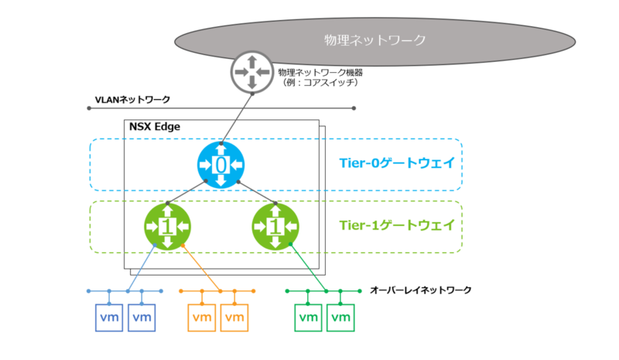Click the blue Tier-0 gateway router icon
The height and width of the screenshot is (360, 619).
pos(221,164)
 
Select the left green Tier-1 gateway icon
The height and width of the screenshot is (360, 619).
pos(167,226)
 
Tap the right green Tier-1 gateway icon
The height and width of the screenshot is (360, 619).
pos(275,226)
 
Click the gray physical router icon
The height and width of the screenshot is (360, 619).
pos(252,72)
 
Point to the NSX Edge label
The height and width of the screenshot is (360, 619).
pos(155,126)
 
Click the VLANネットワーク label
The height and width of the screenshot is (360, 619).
pos(132,100)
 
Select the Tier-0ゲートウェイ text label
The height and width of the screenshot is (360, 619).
pos(397,163)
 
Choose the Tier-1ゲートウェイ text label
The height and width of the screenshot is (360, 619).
pos(397,225)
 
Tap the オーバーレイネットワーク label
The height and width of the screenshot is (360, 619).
pos(420,290)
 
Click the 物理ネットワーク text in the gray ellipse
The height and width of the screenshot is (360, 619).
pos(375,40)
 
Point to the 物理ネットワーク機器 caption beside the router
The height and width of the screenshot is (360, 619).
pos(320,72)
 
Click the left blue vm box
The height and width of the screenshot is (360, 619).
pos(109,317)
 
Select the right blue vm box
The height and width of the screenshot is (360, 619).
pos(142,317)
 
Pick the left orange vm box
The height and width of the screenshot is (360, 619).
pos(202,317)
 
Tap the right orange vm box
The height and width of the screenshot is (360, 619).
pos(234,317)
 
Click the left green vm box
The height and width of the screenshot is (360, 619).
pos(308,317)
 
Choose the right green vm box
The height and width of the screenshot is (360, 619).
pos(340,317)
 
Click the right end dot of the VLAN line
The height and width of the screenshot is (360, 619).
pos(354,108)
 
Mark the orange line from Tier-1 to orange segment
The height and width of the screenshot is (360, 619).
pos(201,269)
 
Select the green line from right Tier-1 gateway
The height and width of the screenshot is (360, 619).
pos(308,268)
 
